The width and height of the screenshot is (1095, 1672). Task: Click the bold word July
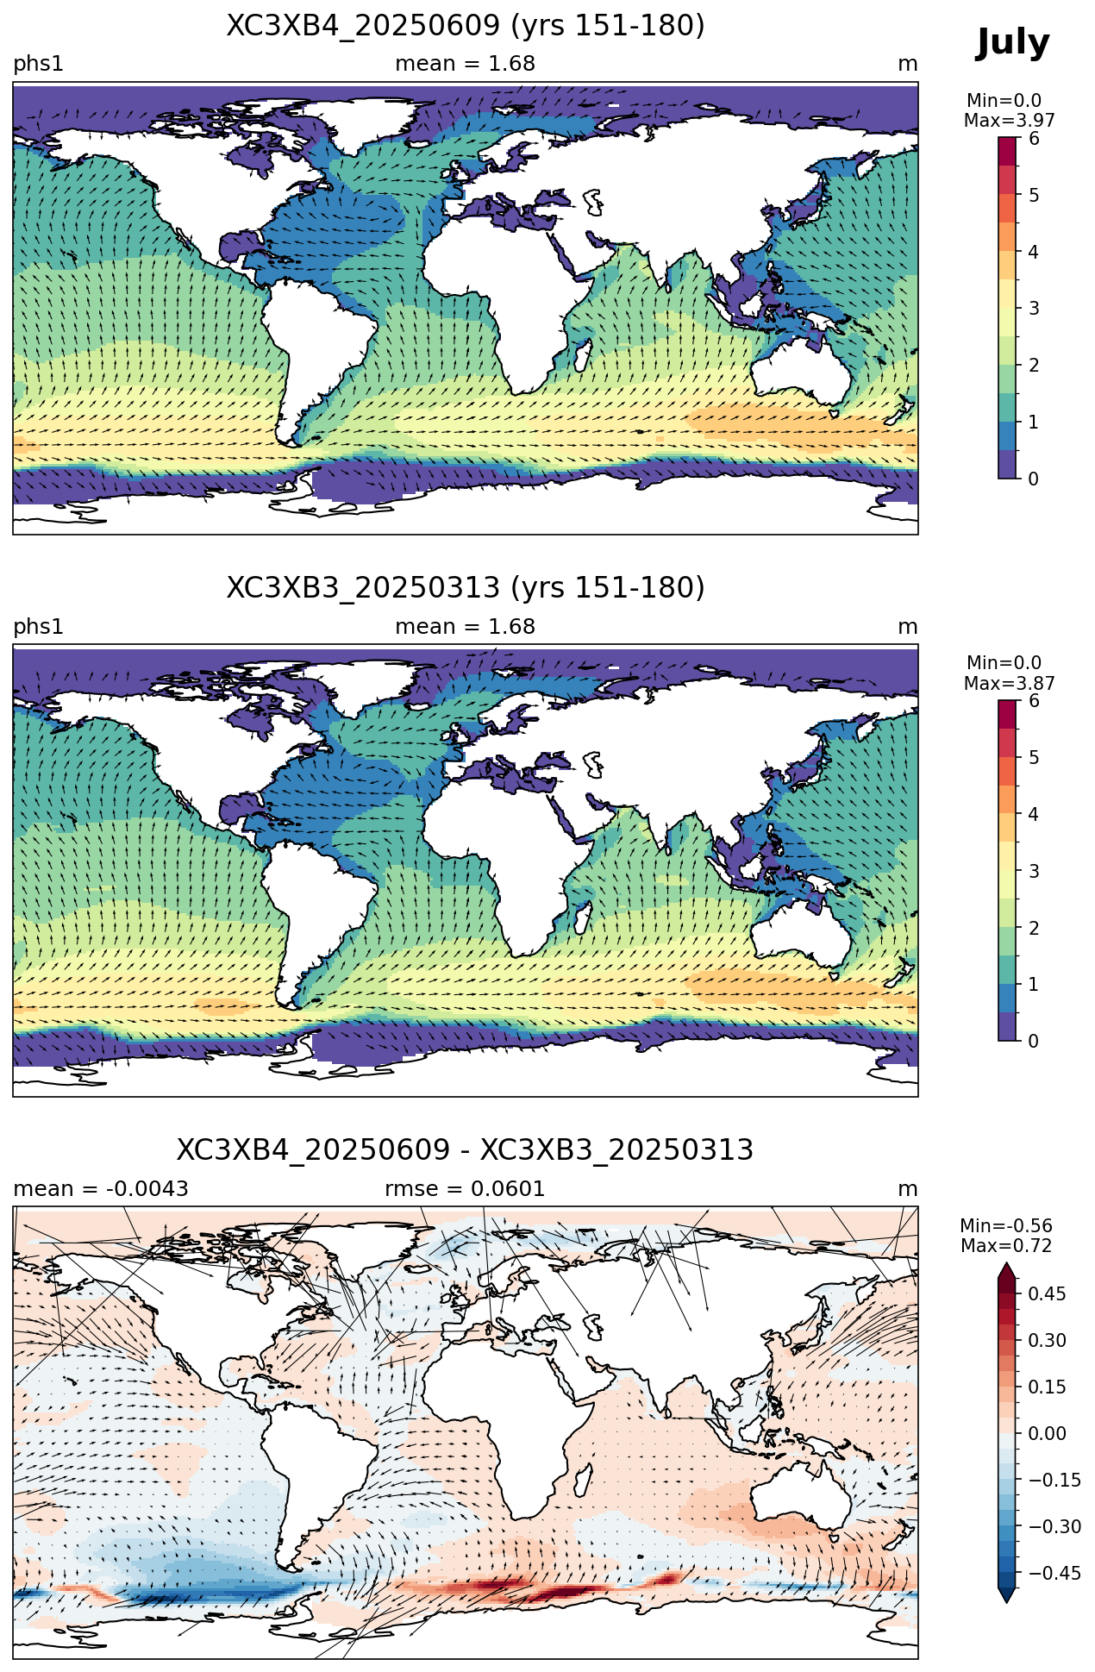click(1013, 43)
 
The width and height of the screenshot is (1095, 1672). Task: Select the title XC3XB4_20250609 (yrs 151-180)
click(466, 26)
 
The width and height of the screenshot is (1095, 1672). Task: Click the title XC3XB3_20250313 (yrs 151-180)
click(466, 588)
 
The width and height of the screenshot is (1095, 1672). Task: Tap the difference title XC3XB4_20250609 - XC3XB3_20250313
click(466, 1150)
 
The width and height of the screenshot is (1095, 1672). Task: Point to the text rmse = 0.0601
click(466, 1189)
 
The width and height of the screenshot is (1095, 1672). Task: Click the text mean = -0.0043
click(101, 1189)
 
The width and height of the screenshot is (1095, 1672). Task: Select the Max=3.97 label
click(1009, 121)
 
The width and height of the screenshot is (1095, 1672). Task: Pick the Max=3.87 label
click(1009, 684)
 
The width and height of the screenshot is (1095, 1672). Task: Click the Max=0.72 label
click(1006, 1246)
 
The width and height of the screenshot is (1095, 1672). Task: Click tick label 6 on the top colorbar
click(1034, 139)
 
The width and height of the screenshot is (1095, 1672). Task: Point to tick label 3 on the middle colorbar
click(1034, 871)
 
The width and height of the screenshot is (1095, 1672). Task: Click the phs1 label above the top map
click(39, 65)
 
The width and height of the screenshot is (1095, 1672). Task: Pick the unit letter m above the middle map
click(908, 627)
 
